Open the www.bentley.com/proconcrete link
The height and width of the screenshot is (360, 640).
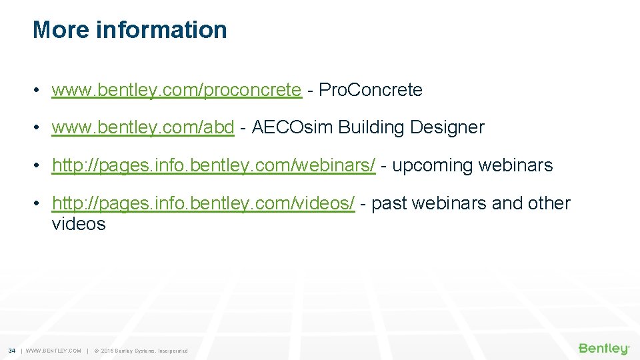tap(177, 90)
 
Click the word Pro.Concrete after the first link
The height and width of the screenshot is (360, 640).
tap(371, 90)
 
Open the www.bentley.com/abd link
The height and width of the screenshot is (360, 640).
tap(143, 127)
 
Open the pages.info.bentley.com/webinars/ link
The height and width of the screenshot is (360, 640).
tap(213, 165)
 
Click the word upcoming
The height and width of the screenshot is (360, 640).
tap(433, 165)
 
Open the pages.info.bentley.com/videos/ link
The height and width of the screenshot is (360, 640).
tap(203, 203)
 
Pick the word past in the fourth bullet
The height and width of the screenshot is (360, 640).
tap(389, 203)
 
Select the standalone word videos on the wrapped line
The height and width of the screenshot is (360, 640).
tap(79, 224)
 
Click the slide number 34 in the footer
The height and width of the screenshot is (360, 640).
tap(11, 351)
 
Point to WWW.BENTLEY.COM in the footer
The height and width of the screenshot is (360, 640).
tap(53, 351)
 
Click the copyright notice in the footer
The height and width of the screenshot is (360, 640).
tap(141, 351)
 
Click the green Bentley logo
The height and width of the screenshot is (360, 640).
tap(603, 349)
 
